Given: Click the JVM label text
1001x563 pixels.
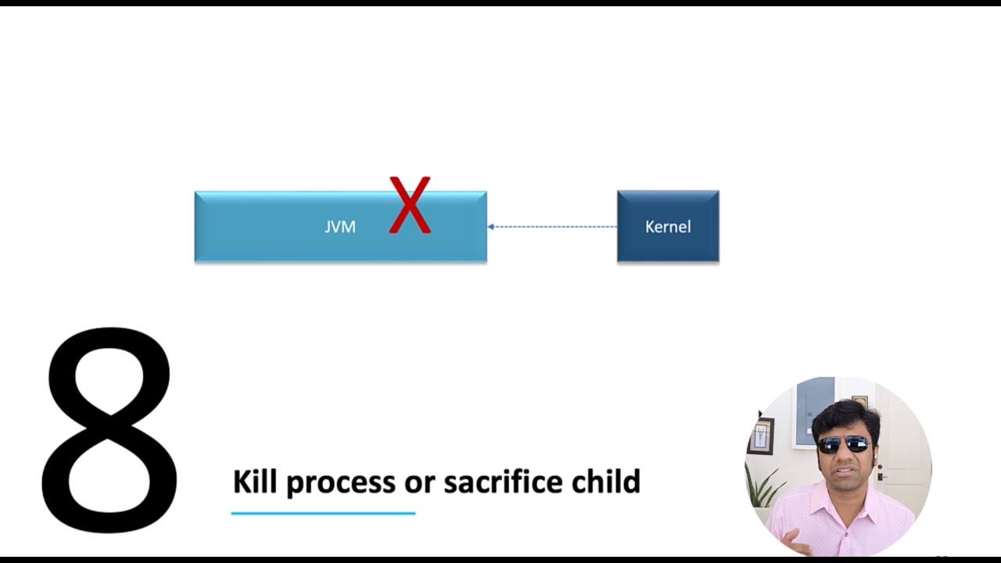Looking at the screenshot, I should tap(340, 227).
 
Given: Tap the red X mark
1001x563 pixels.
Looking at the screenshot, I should tap(410, 206).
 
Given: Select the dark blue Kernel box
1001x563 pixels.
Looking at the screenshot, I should tap(668, 227).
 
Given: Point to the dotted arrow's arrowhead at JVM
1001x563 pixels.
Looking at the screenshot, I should tap(491, 227).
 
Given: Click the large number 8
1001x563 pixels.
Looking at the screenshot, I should tap(109, 430).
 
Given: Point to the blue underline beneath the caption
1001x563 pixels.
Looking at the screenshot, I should tap(323, 514).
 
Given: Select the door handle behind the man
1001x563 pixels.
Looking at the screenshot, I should tap(882, 475).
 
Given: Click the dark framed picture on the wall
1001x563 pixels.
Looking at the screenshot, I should tap(760, 436).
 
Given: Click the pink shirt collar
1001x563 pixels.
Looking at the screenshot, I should tap(821, 500).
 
